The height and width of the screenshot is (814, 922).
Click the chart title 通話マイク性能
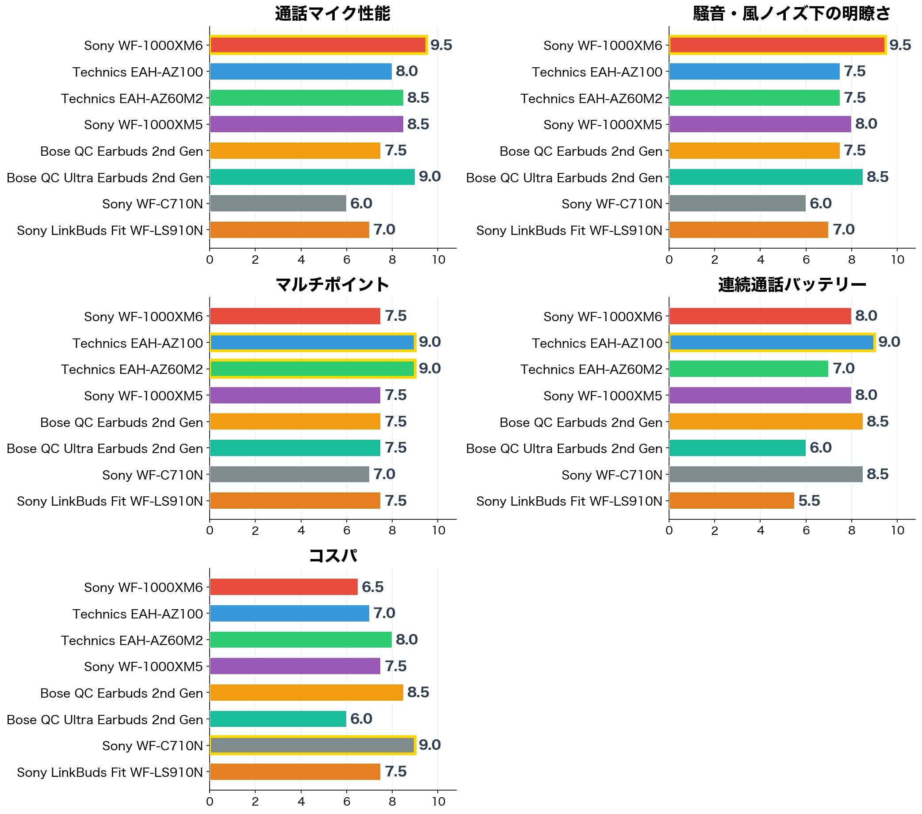tap(333, 14)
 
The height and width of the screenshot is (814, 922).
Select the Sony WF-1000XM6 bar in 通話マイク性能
tap(318, 45)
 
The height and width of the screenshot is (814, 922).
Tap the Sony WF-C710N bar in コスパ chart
tap(313, 745)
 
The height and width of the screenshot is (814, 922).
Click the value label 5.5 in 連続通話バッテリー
tap(809, 501)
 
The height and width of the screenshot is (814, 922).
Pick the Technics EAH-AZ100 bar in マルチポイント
tap(313, 342)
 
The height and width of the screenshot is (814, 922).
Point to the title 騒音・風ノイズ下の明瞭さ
tap(792, 14)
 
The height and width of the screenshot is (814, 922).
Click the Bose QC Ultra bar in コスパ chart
tap(278, 719)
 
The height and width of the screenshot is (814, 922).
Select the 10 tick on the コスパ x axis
tap(438, 801)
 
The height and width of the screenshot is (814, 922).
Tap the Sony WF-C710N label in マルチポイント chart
tap(153, 475)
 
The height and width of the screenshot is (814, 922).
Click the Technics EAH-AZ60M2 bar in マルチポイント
tap(313, 369)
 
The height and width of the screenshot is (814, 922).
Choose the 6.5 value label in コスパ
tap(373, 587)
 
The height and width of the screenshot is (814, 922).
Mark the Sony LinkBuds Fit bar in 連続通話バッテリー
tap(731, 501)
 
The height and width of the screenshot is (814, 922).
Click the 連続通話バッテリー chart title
tap(792, 285)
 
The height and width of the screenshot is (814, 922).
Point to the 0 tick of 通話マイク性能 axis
tap(210, 259)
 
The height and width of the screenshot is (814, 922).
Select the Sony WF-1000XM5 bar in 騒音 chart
tap(760, 124)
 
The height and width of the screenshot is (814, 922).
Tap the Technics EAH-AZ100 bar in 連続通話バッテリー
tap(772, 342)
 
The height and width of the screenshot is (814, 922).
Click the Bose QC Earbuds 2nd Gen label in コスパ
tap(121, 693)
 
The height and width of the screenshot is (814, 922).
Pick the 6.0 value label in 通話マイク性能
tap(361, 203)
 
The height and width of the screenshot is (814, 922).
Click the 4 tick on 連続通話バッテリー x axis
tap(761, 530)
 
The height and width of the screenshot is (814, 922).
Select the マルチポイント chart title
tap(333, 285)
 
